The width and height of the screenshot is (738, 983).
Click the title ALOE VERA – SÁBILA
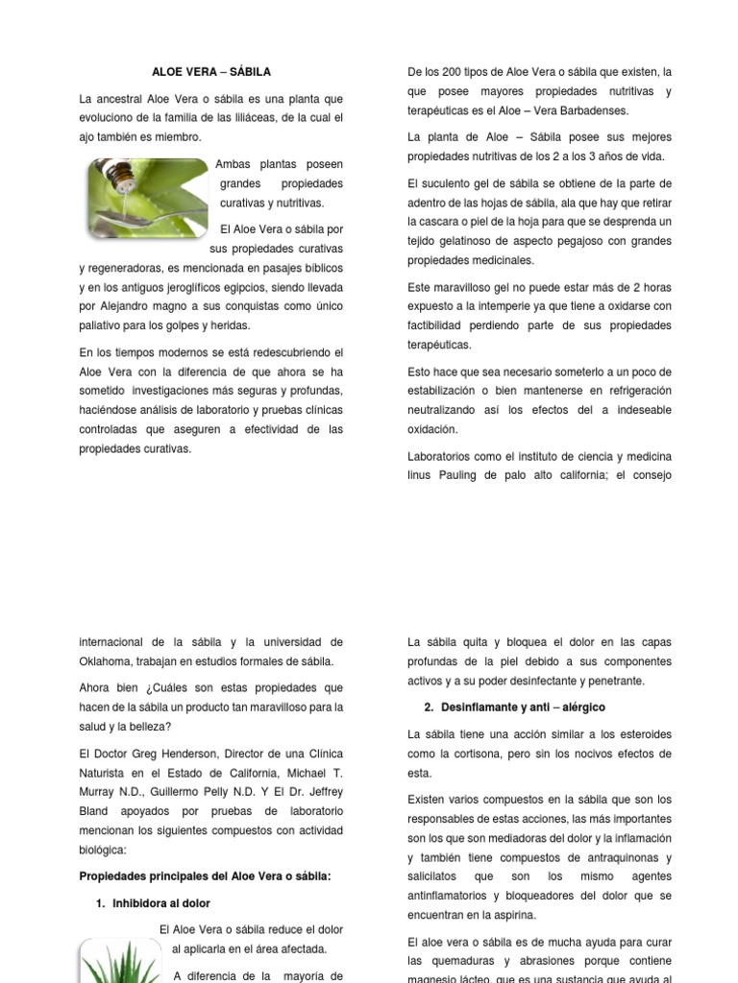(x=211, y=72)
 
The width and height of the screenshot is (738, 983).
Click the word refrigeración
(x=631, y=391)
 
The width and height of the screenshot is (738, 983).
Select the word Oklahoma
(x=111, y=661)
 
